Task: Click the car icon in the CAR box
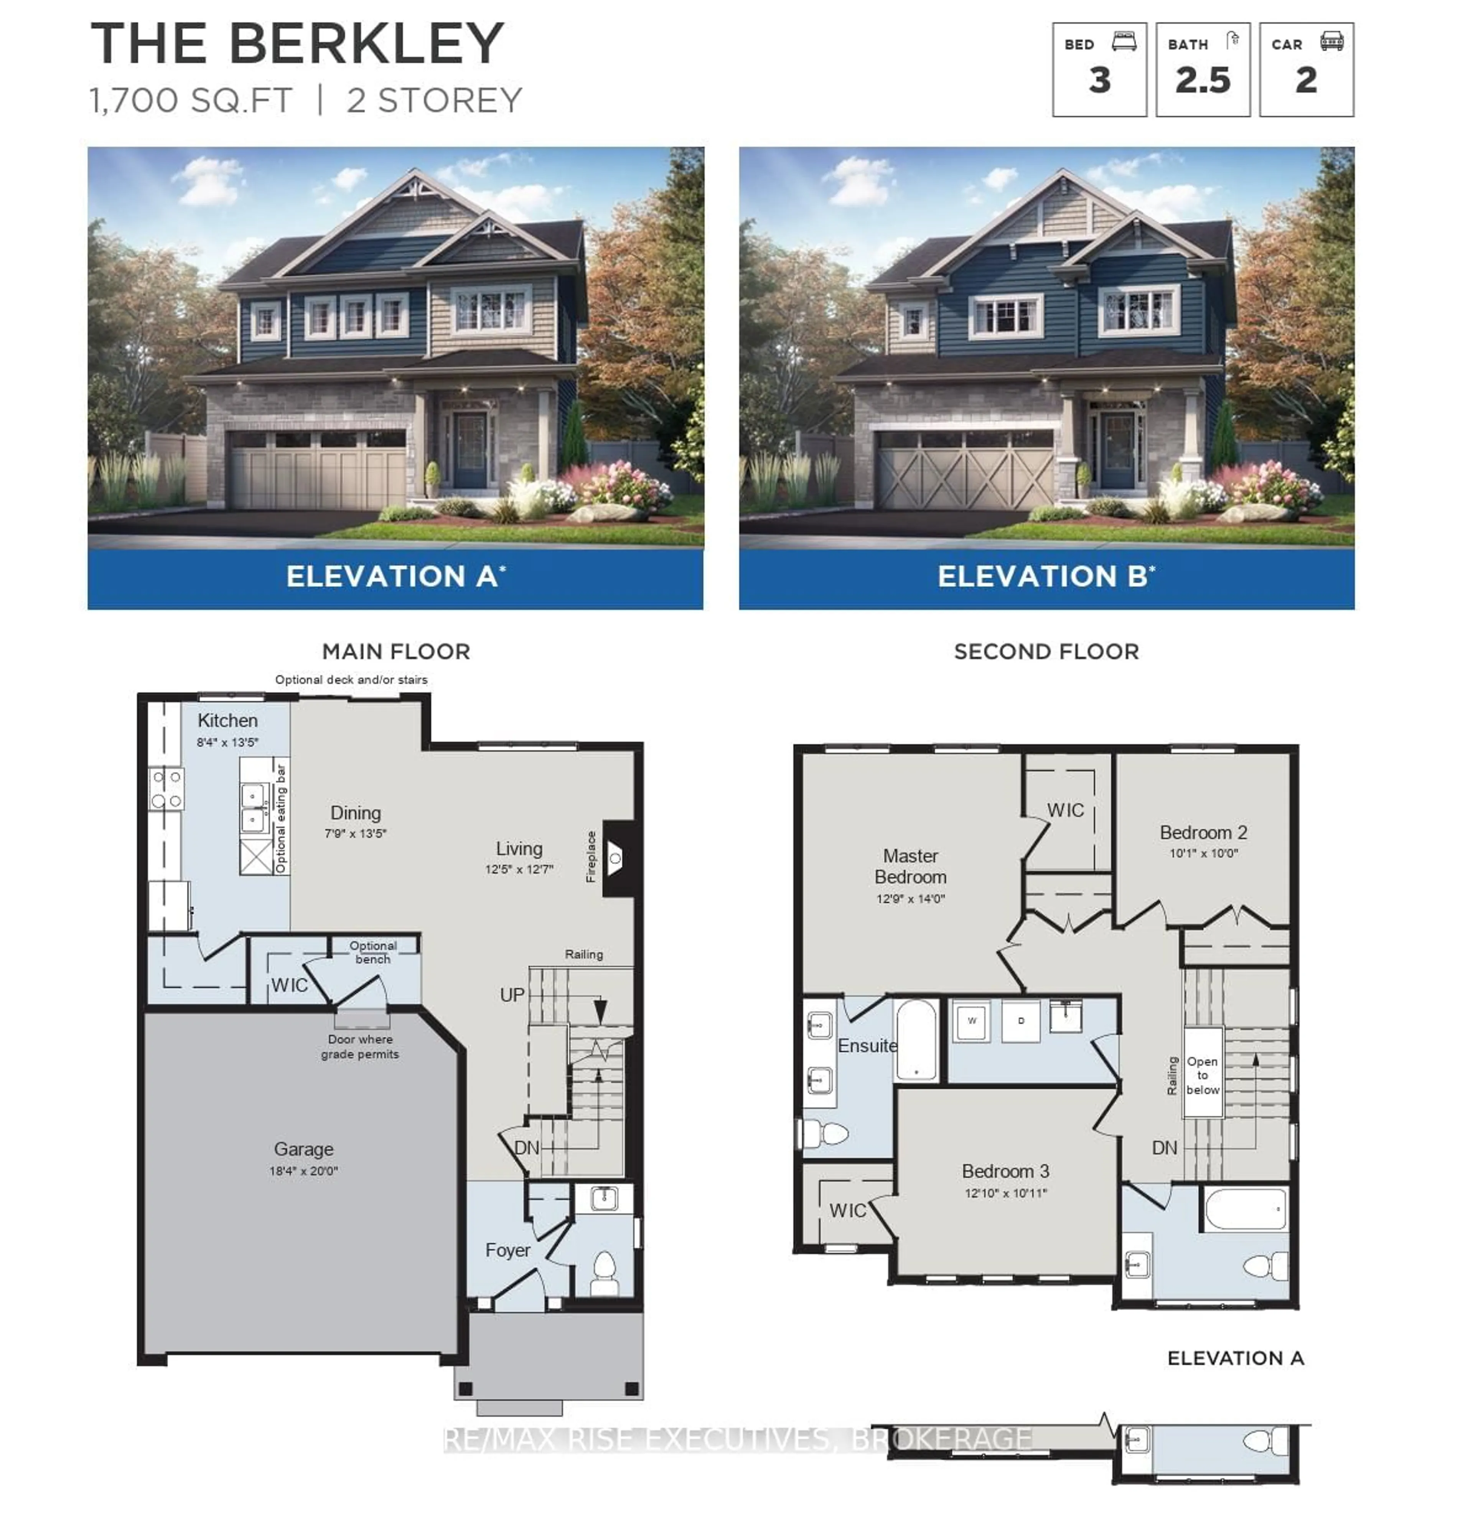pos(1331,41)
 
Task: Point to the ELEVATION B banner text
pos(1046,577)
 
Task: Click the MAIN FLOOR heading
pos(396,651)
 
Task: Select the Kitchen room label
pos(227,720)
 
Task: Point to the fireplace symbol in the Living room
pos(615,857)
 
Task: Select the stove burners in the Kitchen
pos(166,788)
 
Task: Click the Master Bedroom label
pos(911,867)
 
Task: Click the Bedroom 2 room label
pos(1203,833)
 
